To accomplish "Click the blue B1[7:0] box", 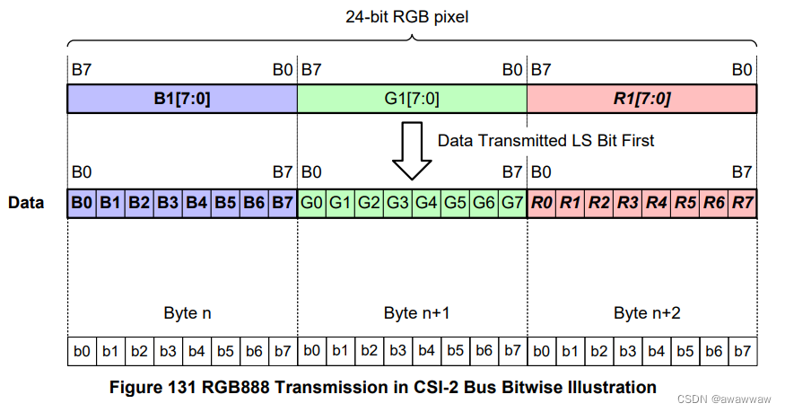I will pos(182,99).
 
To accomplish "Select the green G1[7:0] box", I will pos(412,99).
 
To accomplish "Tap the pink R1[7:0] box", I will pos(641,99).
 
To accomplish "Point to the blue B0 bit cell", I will pos(82,203).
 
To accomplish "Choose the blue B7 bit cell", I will pos(282,203).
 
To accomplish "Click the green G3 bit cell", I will pos(397,203).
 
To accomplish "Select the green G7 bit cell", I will pos(511,203).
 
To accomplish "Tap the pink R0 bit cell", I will pos(541,203).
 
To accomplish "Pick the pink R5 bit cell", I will pos(685,203).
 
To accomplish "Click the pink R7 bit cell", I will pos(742,203).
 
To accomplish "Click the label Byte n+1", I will pos(412,313).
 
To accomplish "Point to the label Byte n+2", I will pos(641,313).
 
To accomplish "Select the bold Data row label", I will pos(26,203).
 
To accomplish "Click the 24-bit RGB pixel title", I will pos(412,16).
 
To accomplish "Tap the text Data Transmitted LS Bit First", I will pos(545,141).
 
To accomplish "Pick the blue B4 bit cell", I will pos(196,203).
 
